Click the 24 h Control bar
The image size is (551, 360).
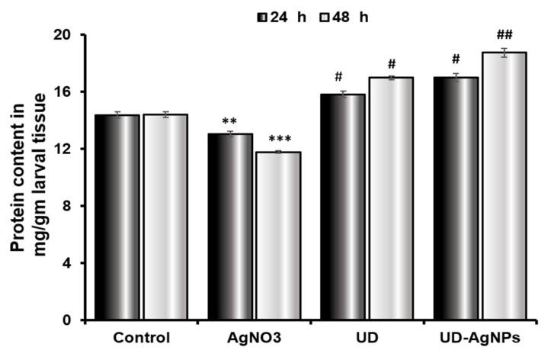coord(117,217)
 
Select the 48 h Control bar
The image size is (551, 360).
coord(165,217)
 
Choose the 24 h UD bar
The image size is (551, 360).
coord(343,207)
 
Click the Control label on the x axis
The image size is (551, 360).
coord(142,337)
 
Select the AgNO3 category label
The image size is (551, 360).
coord(254,337)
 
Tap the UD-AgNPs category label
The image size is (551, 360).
coord(480,337)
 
